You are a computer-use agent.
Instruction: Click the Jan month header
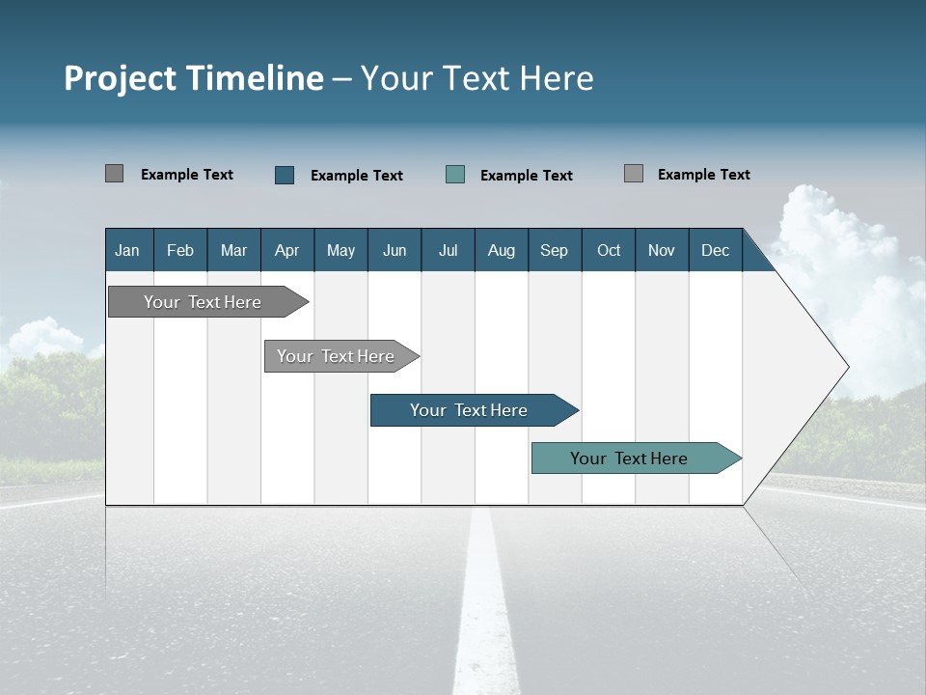(x=128, y=250)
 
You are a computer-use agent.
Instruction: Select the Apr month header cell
(x=287, y=250)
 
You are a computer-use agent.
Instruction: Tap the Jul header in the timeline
(x=448, y=250)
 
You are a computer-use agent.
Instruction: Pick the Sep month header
(x=554, y=250)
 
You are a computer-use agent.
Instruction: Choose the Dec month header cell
(x=715, y=250)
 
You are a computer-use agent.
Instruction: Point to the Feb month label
(x=180, y=250)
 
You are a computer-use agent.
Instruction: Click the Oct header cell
(x=609, y=250)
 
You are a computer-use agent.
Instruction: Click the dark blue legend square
(x=285, y=175)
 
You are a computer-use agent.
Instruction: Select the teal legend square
(x=455, y=175)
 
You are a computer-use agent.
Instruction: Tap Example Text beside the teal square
(x=527, y=176)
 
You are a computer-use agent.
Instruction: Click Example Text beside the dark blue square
(x=357, y=176)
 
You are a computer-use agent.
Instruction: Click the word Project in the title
(x=120, y=78)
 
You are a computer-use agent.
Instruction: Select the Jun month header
(x=395, y=250)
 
